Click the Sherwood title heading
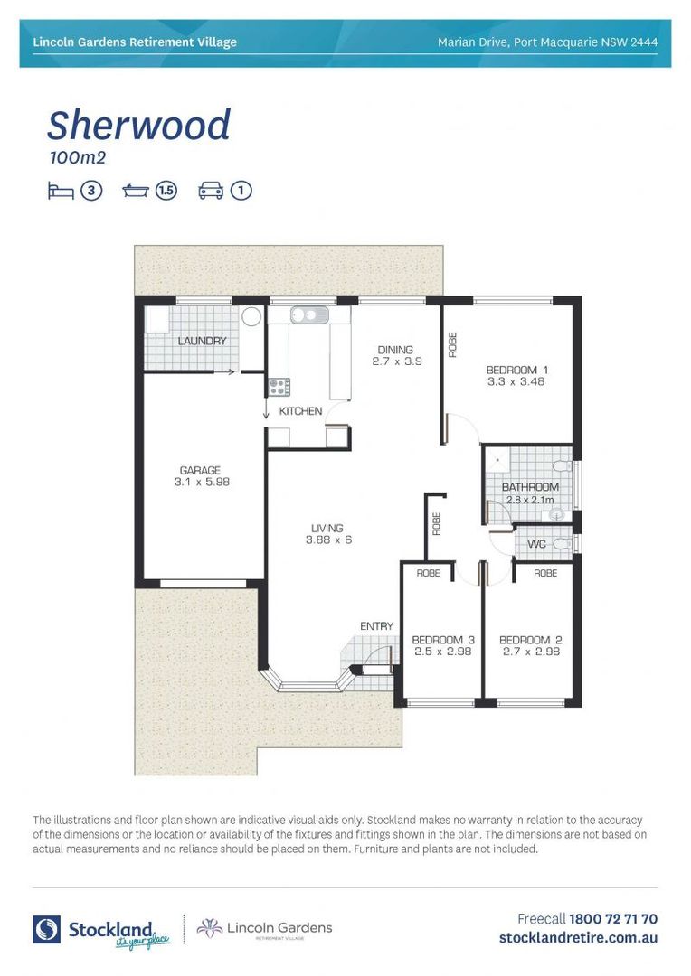coord(138,125)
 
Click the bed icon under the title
coord(60,191)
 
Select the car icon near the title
coord(211,191)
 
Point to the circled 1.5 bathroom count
coord(166,191)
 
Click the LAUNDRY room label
coord(202,341)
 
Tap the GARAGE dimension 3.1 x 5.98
coord(200,483)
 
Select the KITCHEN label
coord(300,411)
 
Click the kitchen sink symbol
coord(308,316)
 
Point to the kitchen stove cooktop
coord(279,387)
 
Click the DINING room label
coord(395,350)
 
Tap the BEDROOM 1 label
coord(517,370)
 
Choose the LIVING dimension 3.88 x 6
coord(327,540)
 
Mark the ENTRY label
coord(376,626)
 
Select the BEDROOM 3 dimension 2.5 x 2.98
coord(443,652)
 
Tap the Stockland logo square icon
coord(47,929)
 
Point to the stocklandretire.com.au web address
coord(578,938)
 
